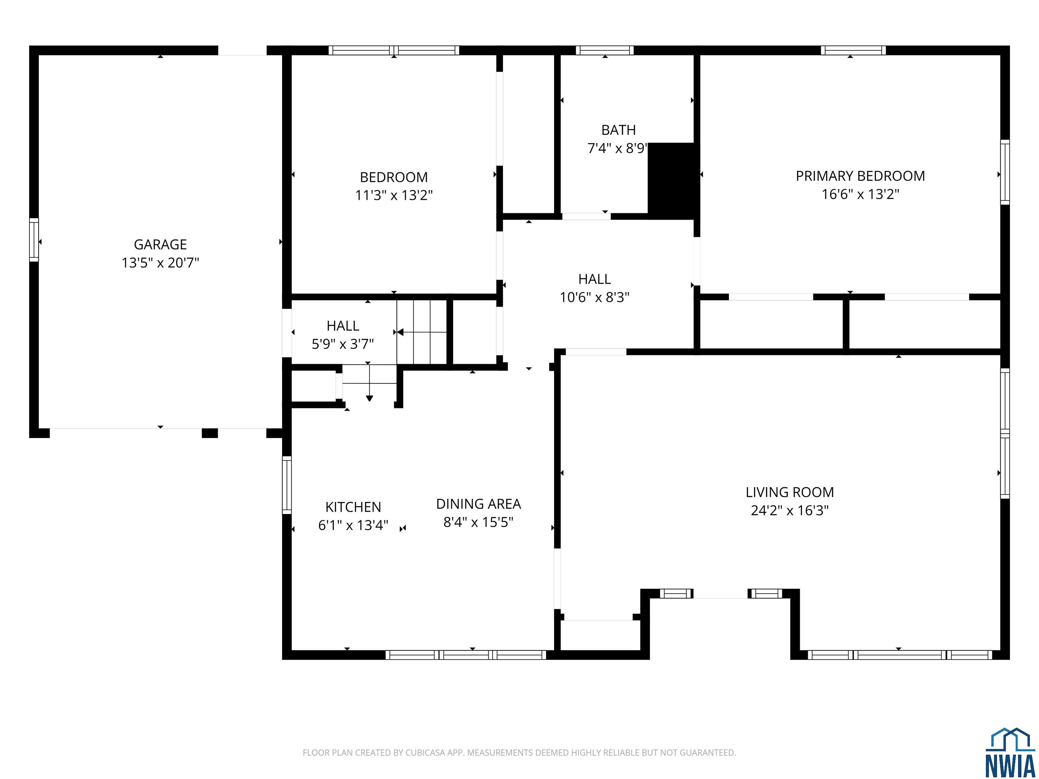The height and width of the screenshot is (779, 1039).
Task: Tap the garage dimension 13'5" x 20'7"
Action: [x=160, y=262]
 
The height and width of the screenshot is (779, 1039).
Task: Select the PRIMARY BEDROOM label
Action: [x=860, y=176]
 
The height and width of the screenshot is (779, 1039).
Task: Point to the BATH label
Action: [x=618, y=130]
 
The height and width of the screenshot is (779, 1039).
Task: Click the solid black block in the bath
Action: [x=671, y=181]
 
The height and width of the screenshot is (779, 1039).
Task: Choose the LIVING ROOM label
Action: [x=790, y=492]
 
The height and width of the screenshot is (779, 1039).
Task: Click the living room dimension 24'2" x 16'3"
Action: [x=790, y=511]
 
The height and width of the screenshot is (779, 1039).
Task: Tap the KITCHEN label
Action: [x=353, y=507]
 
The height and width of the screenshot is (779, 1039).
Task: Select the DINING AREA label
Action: [x=478, y=504]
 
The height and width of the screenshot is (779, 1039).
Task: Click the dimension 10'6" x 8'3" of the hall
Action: [x=594, y=297]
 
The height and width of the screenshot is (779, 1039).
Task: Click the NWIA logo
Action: [x=1010, y=751]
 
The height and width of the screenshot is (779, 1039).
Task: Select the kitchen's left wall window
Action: [x=286, y=485]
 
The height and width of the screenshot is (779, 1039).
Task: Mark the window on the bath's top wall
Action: [x=604, y=50]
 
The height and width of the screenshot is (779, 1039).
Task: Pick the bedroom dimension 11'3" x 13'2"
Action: [x=394, y=195]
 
